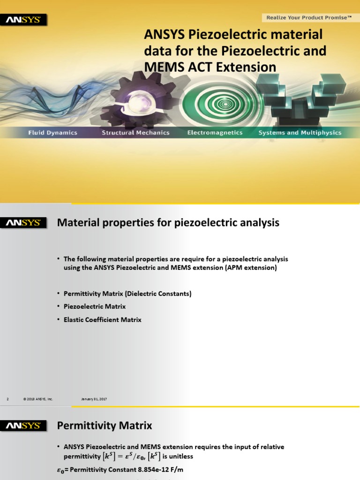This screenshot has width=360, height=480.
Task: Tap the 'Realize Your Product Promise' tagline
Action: pos(309,18)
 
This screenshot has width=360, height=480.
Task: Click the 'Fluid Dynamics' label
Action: pos(52,133)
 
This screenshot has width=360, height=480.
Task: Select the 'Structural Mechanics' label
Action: pos(135,133)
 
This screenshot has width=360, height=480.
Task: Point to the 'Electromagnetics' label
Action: pos(215,133)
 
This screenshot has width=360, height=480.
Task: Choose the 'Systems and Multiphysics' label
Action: pos(300,133)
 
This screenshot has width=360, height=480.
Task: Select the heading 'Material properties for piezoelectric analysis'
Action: pos(168,223)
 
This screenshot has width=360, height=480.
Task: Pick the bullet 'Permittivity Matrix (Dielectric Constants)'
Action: pos(127,293)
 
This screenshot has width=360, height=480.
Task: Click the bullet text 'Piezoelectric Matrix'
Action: pos(95,307)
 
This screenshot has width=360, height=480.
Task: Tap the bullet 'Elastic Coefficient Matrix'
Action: pos(102,320)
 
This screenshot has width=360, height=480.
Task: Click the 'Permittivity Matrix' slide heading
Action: pos(105,426)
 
